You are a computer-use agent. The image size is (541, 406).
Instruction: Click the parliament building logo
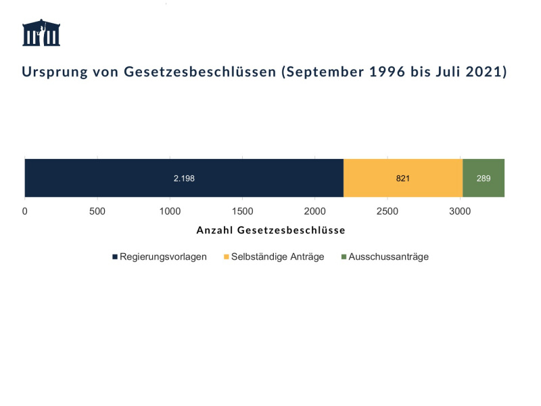(x=41, y=33)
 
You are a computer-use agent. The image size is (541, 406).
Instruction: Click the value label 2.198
(x=184, y=179)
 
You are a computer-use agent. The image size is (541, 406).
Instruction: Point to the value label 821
(x=403, y=179)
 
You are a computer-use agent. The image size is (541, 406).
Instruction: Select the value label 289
(x=484, y=179)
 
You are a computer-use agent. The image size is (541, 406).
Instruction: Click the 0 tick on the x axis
(x=25, y=211)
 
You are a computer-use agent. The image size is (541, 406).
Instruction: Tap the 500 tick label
(x=97, y=211)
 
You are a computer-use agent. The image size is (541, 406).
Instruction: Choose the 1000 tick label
(x=170, y=211)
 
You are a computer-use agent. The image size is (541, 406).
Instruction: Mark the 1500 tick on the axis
(x=243, y=211)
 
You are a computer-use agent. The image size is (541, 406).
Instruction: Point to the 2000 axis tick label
(x=315, y=211)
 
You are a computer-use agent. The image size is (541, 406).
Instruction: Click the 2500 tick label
(x=387, y=211)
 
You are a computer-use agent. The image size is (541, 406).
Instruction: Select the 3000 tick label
(x=460, y=211)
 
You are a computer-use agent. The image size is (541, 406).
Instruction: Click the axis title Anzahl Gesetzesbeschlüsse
(x=270, y=230)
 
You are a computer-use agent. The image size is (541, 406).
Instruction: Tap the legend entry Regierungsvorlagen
(x=162, y=257)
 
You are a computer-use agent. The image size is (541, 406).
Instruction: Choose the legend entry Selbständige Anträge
(x=277, y=257)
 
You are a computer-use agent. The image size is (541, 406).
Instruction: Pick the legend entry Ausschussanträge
(x=388, y=257)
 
